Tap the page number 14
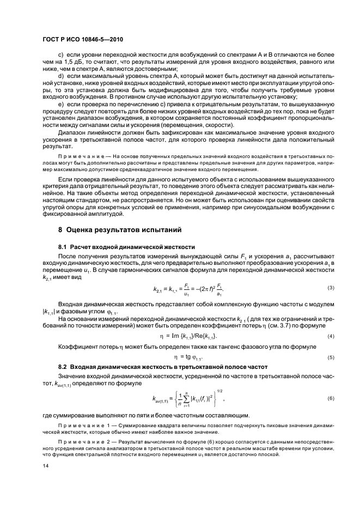point(46,465)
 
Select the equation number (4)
point(315,336)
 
